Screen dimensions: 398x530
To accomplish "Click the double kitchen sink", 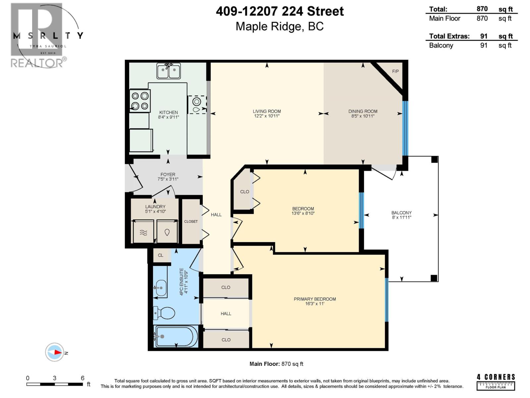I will [169, 71].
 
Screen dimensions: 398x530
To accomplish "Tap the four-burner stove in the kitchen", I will [139, 101].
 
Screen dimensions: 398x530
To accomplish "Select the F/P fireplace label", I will [395, 71].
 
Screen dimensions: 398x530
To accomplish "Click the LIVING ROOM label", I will [267, 111].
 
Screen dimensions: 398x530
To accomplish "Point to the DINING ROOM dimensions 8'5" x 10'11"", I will [363, 116].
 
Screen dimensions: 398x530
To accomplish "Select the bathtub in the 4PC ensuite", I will [176, 336].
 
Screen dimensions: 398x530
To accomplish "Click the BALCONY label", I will [401, 213].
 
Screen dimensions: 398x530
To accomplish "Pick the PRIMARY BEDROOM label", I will [315, 299].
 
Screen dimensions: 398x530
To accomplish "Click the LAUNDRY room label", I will [155, 207].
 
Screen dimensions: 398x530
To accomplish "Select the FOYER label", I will [168, 174].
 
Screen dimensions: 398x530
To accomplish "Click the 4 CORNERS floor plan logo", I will [496, 382].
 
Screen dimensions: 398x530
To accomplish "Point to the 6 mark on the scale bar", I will [82, 378].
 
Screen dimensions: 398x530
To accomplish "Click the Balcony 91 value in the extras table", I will [484, 45].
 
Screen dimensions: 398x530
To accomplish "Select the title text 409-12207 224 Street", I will [280, 12].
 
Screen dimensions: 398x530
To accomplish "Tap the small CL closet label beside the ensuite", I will [161, 255].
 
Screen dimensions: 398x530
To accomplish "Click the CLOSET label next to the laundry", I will [191, 222].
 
